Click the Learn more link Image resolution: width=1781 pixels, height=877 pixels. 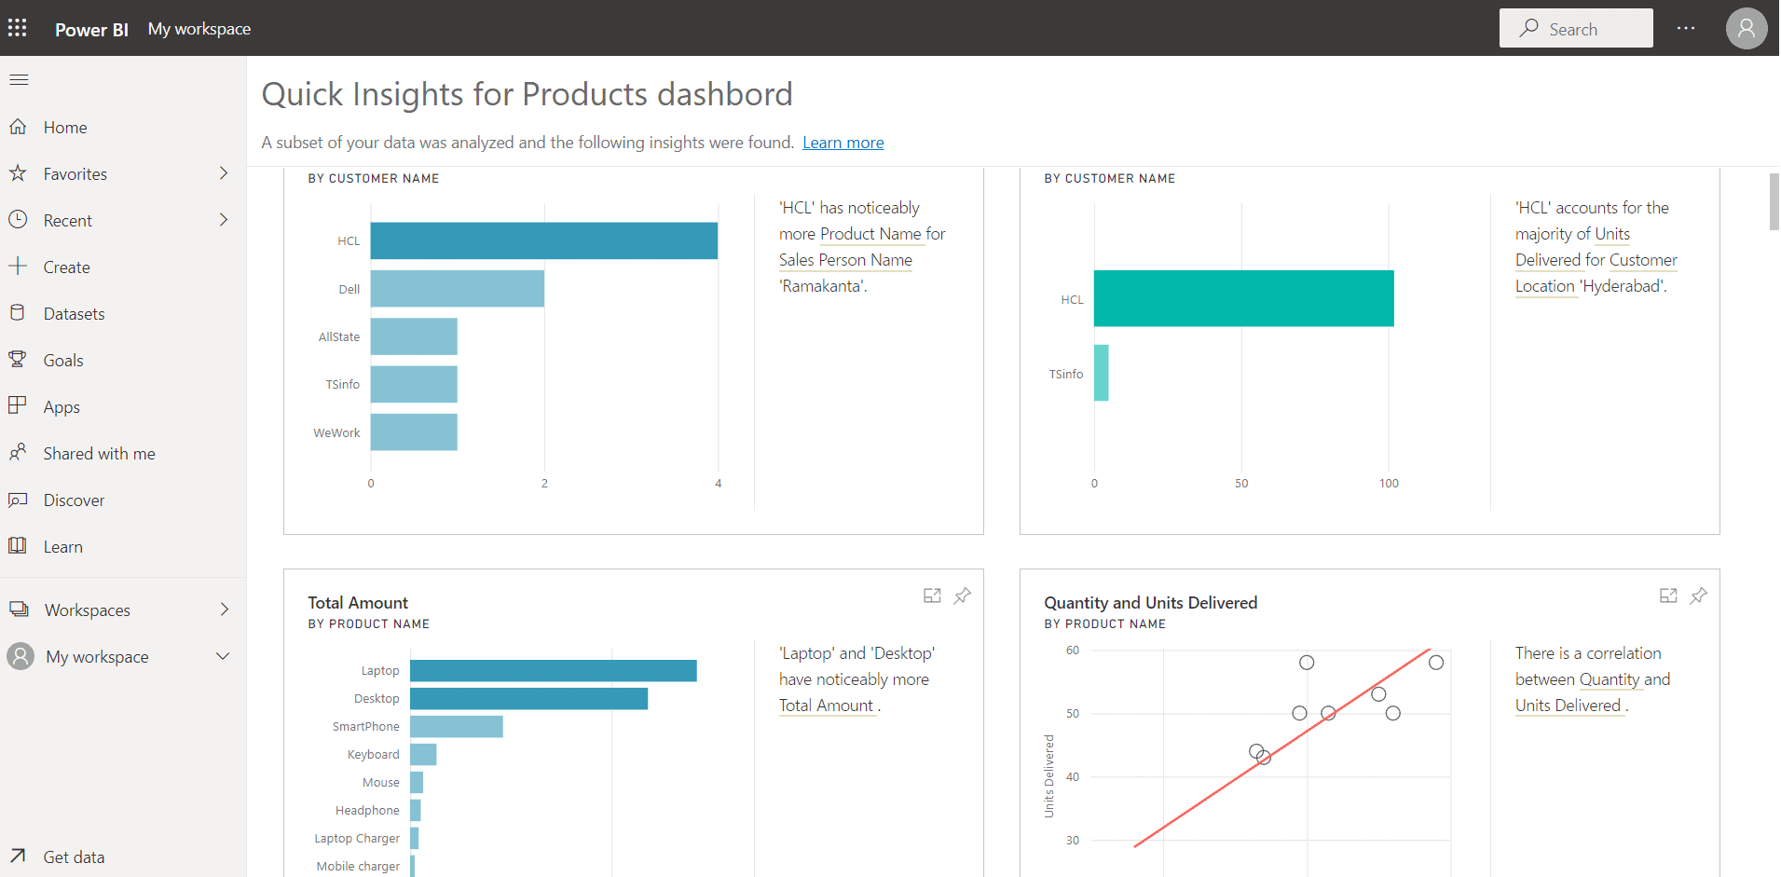point(843,143)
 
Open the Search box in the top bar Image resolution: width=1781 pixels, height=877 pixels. point(1575,29)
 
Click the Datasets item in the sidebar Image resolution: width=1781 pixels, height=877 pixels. point(74,314)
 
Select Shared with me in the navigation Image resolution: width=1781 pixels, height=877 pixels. point(99,454)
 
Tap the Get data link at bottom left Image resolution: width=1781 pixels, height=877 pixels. point(74,857)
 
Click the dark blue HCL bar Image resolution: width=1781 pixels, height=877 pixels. point(543,240)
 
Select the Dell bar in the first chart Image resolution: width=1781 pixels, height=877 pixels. point(457,289)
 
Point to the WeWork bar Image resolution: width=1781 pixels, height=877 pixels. point(414,432)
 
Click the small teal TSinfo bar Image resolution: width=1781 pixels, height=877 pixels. point(1101,373)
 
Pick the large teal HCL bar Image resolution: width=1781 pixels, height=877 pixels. point(1243,298)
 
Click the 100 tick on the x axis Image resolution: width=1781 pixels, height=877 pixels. point(1389,484)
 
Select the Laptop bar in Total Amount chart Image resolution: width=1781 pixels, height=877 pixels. point(553,671)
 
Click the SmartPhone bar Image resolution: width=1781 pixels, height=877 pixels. point(456,727)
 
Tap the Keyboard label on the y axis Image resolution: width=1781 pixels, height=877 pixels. point(373,755)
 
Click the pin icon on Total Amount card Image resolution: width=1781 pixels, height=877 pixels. point(962,596)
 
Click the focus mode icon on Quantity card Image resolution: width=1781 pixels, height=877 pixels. point(1668,596)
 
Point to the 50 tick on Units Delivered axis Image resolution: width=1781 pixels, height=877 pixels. point(1073,714)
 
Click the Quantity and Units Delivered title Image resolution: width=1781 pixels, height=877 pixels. point(1150,603)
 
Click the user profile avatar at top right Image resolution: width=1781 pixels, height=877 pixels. point(1746,29)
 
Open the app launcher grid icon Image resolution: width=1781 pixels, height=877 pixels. point(18,28)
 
